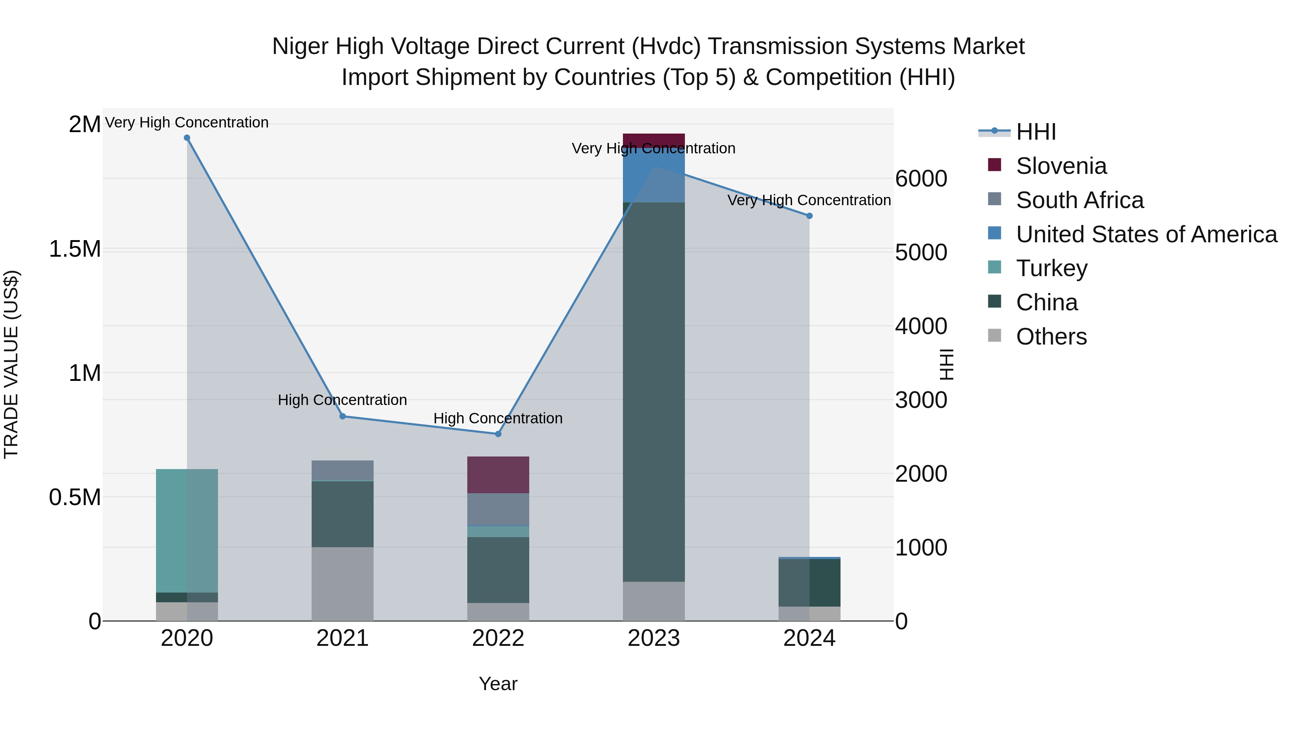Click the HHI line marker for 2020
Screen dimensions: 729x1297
pyautogui.click(x=187, y=138)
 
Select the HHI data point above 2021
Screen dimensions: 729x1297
pyautogui.click(x=342, y=416)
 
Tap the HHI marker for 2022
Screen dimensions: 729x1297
pyautogui.click(x=498, y=434)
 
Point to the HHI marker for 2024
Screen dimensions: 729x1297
pyautogui.click(x=809, y=216)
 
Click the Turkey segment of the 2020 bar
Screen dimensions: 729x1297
pyautogui.click(x=187, y=530)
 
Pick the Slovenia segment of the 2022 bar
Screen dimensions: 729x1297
pyautogui.click(x=498, y=474)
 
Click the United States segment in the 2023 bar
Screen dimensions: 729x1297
pyautogui.click(x=654, y=176)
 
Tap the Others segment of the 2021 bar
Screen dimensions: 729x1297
pyautogui.click(x=342, y=584)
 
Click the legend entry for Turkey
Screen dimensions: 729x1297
pyautogui.click(x=1051, y=268)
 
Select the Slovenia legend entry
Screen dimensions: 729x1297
pyautogui.click(x=1061, y=166)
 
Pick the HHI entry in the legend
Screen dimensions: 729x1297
pyautogui.click(x=1036, y=132)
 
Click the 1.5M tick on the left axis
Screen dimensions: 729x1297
pyautogui.click(x=75, y=249)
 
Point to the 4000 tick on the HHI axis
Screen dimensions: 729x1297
pyautogui.click(x=921, y=326)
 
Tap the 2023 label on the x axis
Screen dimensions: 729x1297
pyautogui.click(x=654, y=638)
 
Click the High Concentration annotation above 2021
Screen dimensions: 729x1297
pyautogui.click(x=342, y=400)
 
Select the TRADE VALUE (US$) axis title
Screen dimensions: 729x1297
pyautogui.click(x=11, y=364)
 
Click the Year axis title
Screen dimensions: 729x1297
pyautogui.click(x=498, y=684)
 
